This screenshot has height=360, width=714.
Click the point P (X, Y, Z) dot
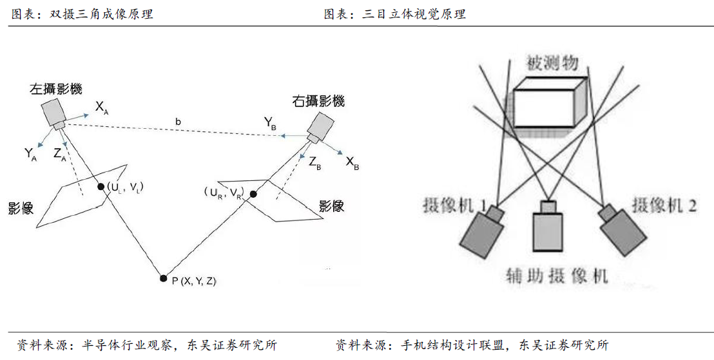[x=164, y=278]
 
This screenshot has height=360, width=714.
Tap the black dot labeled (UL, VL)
[x=101, y=187]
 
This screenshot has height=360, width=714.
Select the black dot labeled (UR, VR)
[x=254, y=194]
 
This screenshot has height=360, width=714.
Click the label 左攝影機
[x=55, y=89]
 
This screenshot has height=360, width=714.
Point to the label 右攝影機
[x=318, y=101]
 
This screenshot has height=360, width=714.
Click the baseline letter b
[x=177, y=121]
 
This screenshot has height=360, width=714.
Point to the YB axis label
[x=270, y=122]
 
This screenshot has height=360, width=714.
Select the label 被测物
[x=552, y=63]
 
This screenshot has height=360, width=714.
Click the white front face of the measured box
[x=545, y=107]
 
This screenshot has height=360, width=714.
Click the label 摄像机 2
[x=664, y=205]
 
